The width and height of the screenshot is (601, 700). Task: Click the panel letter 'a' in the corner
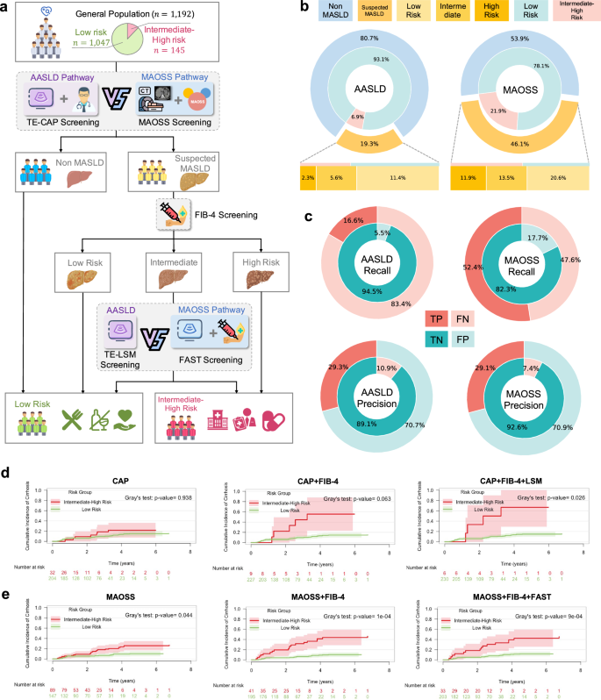(6, 7)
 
